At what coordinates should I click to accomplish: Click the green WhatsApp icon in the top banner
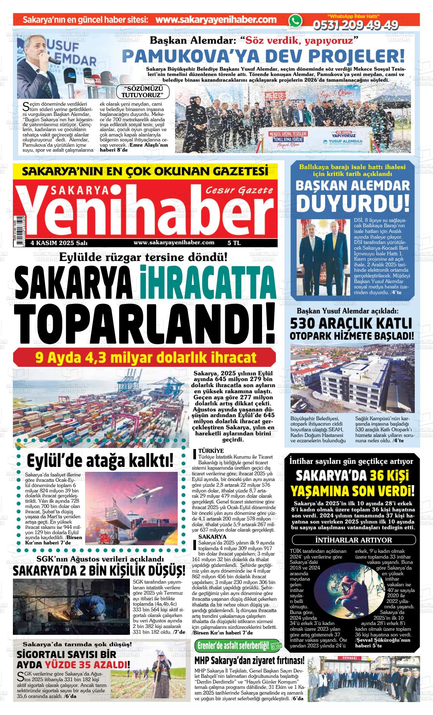coord(295,21)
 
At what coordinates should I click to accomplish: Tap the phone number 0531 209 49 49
coord(355,25)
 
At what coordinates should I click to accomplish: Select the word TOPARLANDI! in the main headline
coord(144,323)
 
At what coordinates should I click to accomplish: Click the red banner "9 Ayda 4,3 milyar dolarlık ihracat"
coord(144,358)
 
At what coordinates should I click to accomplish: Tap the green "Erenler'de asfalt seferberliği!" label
coord(233,645)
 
